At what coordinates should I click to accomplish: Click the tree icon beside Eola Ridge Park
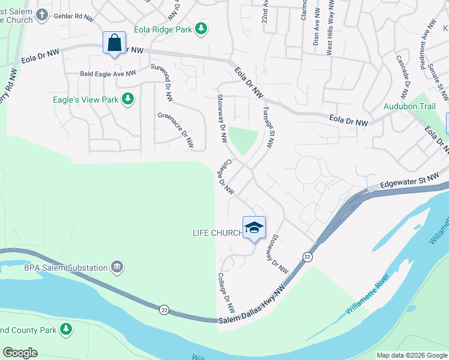[x=202, y=28]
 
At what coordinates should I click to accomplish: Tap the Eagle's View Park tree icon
[x=127, y=99]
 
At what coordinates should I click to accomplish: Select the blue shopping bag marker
[x=114, y=43]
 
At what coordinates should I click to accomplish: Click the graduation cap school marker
[x=254, y=227]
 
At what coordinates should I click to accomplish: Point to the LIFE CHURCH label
[x=216, y=233]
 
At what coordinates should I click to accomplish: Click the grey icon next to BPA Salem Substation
[x=117, y=267]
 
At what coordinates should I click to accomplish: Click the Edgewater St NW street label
[x=409, y=181]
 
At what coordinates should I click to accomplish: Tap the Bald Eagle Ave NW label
[x=108, y=74]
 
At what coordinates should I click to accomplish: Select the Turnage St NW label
[x=268, y=127]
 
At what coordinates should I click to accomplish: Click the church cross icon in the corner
[x=42, y=15]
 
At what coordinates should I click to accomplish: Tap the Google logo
[x=20, y=353]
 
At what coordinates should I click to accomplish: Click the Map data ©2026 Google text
[x=411, y=355]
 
